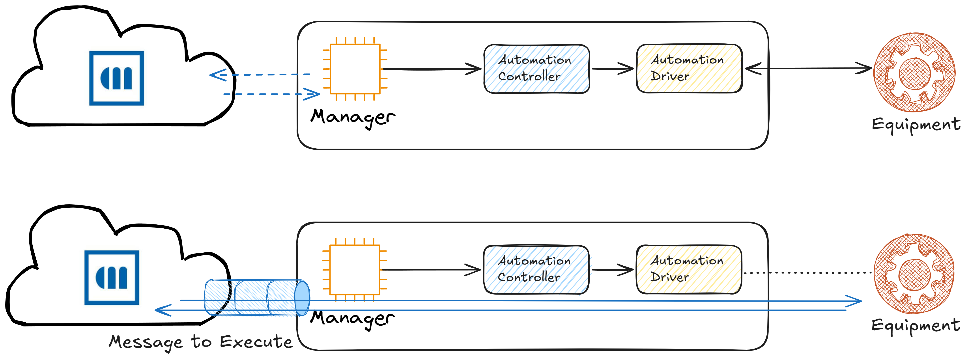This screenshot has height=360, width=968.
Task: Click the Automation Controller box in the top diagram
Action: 537,69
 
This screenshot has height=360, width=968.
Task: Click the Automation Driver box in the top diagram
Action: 689,68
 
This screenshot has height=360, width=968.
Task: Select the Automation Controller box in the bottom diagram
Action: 536,269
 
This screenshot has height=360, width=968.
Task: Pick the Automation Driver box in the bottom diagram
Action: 689,269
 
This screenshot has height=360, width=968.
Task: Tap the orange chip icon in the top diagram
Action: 355,69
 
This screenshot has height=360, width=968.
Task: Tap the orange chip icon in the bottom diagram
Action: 355,269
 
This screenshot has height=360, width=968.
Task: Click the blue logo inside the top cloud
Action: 116,78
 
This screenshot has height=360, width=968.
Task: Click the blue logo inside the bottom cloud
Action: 112,277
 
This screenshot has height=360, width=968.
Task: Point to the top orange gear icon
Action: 915,73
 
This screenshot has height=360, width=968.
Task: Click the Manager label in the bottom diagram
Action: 353,318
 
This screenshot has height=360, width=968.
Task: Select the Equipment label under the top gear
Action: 916,124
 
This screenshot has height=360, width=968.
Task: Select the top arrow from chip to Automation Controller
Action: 431,69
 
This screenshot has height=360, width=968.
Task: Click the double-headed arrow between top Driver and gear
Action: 808,68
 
